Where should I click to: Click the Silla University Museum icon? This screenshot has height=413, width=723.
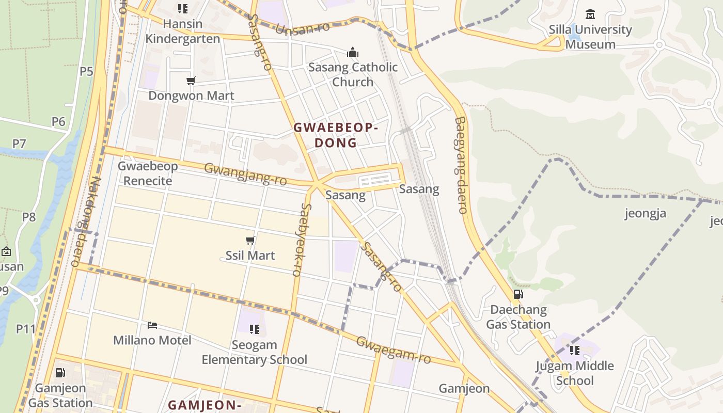click(590, 14)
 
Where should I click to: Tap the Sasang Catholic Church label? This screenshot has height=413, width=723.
click(353, 74)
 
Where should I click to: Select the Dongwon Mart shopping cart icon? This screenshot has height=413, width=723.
click(191, 81)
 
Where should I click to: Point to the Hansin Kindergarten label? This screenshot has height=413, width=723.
click(182, 31)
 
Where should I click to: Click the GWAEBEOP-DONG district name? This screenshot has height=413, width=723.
click(336, 135)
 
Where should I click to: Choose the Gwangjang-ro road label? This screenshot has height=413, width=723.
click(245, 174)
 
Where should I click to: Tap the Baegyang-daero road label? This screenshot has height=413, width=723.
click(461, 165)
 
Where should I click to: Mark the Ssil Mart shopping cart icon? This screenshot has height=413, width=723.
click(250, 240)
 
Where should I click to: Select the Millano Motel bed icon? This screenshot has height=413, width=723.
click(152, 325)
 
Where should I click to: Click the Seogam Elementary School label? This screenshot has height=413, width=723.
click(255, 352)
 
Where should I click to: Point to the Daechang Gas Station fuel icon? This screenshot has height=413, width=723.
click(518, 294)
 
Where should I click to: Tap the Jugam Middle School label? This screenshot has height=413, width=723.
click(574, 373)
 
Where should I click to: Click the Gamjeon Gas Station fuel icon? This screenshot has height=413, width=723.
click(60, 373)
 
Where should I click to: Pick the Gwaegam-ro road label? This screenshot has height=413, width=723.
click(394, 350)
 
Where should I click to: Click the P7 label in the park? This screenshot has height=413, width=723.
click(19, 144)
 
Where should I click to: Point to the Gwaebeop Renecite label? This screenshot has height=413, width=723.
click(148, 173)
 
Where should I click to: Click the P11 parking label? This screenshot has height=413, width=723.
click(25, 328)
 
